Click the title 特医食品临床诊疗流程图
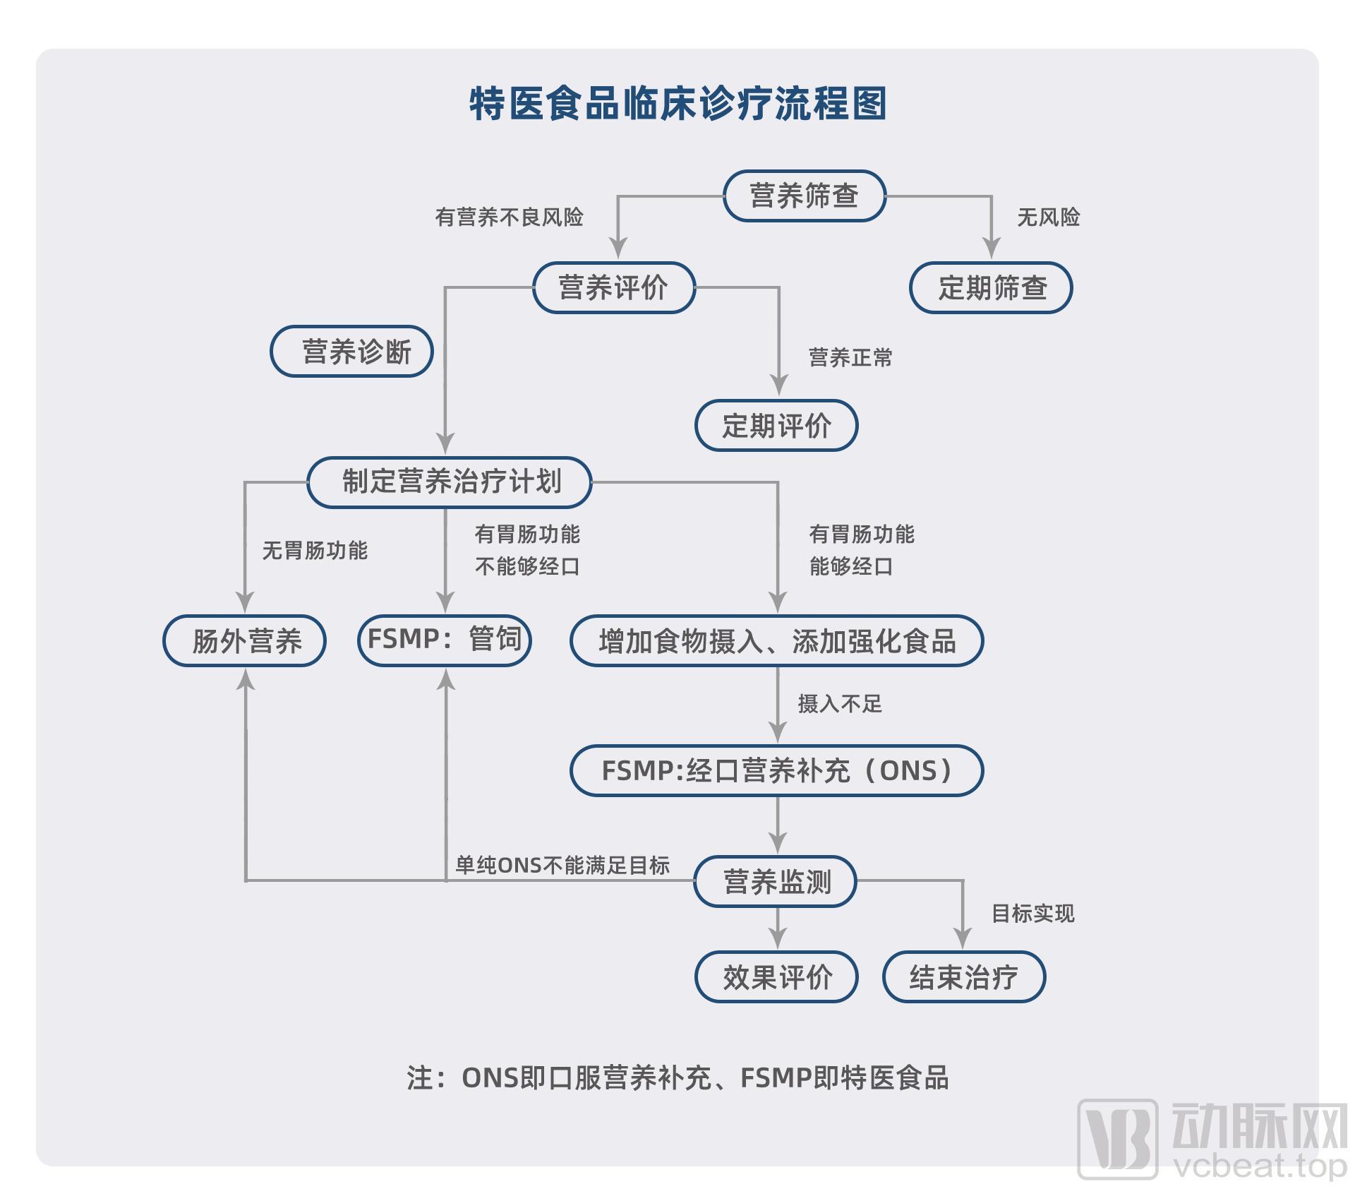(x=677, y=104)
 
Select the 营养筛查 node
(x=804, y=196)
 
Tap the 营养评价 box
(x=613, y=287)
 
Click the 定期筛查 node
(x=991, y=287)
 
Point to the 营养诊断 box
(x=351, y=351)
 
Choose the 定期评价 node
(x=776, y=426)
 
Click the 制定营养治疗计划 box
(x=450, y=482)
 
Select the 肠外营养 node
(x=245, y=641)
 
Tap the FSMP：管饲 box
(x=445, y=640)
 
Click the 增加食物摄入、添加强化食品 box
(x=776, y=641)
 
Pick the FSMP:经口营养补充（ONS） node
(x=776, y=770)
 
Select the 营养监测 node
(x=776, y=881)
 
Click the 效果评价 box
(x=776, y=977)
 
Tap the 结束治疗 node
(x=963, y=977)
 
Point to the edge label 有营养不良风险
(x=509, y=217)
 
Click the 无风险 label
(x=1048, y=217)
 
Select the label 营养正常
(x=850, y=358)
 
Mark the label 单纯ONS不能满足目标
(x=562, y=865)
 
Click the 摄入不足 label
(x=840, y=704)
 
